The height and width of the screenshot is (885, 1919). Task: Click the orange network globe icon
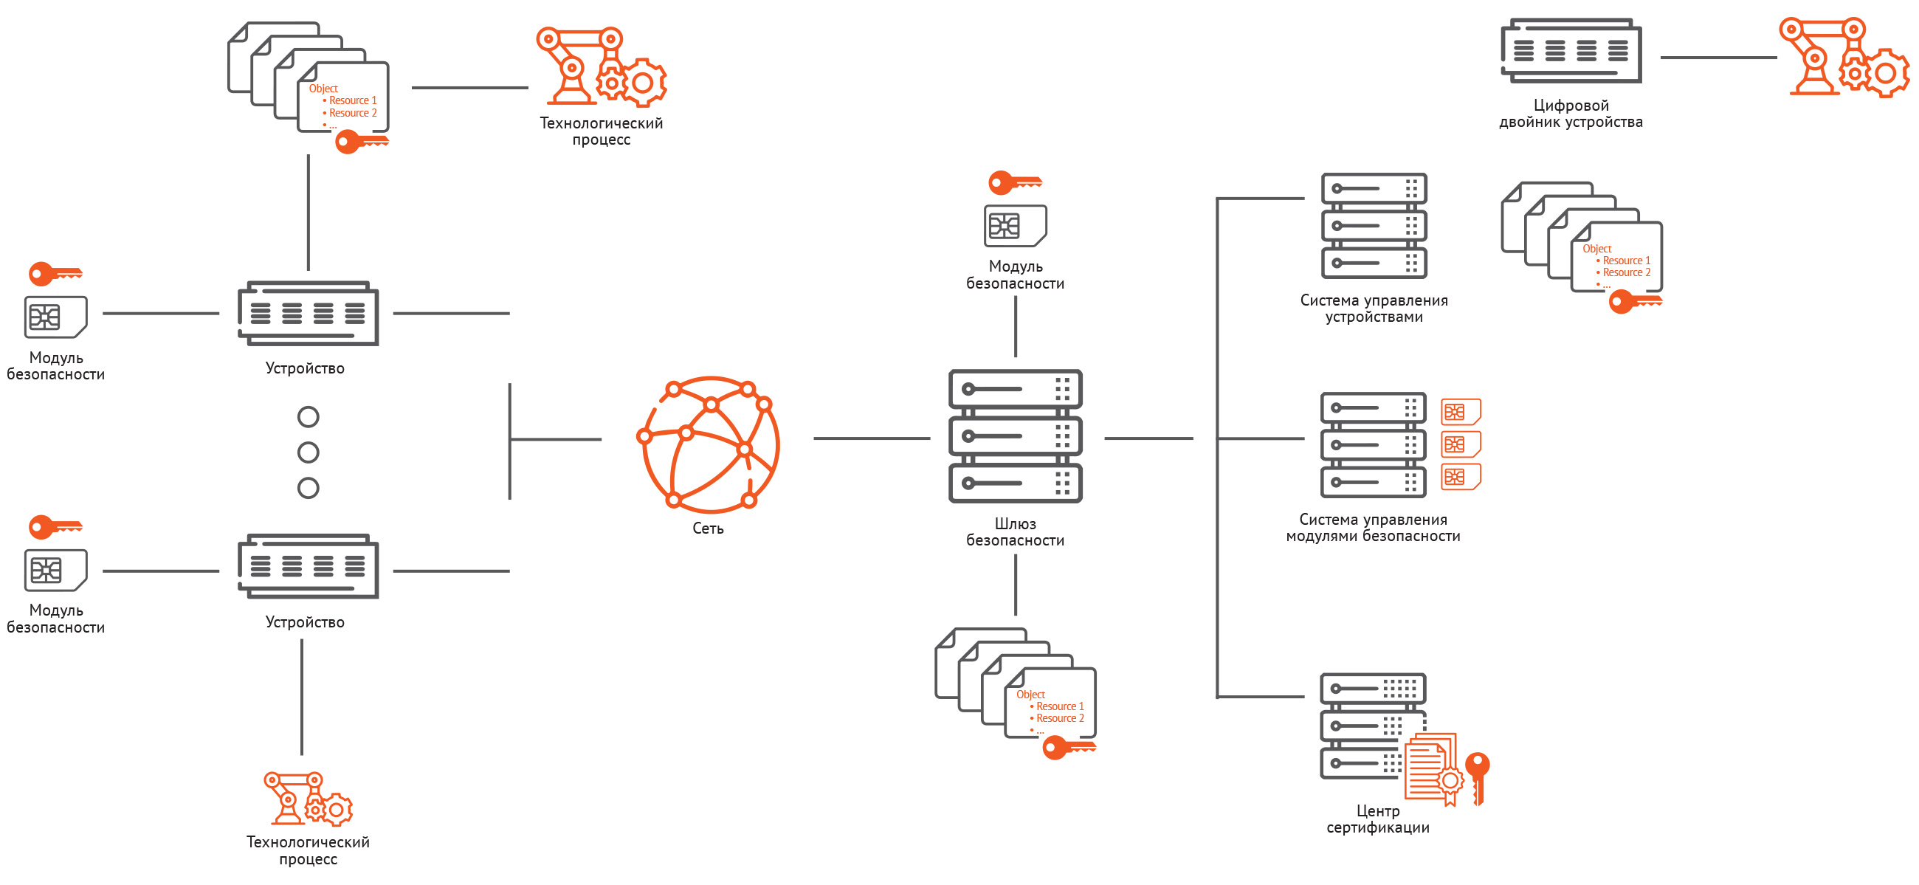[x=710, y=445]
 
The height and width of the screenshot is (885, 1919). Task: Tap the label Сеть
[x=708, y=529]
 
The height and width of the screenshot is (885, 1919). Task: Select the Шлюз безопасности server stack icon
[x=1015, y=435]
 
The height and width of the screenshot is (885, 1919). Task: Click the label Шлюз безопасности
[x=1015, y=532]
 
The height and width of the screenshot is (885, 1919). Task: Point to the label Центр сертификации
[x=1377, y=819]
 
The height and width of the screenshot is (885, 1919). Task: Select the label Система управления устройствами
[x=1374, y=309]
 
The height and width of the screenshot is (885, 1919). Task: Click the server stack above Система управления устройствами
[x=1374, y=226]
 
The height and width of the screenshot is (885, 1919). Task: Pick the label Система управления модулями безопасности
[x=1373, y=528]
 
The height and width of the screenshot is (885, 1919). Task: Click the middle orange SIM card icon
[x=1460, y=445]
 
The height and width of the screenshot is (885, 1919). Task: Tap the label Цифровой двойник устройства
[x=1571, y=114]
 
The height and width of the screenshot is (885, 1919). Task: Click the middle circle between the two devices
[x=308, y=452]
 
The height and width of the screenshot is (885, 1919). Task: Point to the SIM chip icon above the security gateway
[x=1015, y=226]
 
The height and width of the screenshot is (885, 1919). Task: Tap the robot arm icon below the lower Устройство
[x=308, y=799]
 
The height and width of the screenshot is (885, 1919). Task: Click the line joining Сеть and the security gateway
[x=871, y=438]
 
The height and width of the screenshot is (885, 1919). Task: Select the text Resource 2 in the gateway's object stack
[x=1059, y=718]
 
